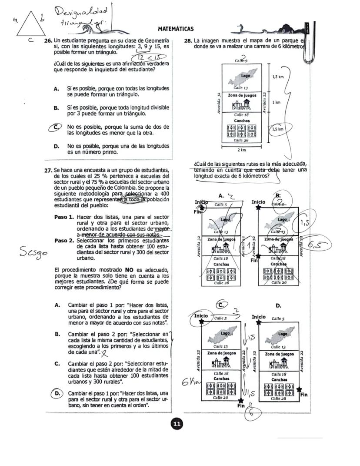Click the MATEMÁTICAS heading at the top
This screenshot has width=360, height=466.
coord(175,29)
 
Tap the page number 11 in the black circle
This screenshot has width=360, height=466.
coord(177,424)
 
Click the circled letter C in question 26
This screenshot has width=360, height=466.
coord(56,127)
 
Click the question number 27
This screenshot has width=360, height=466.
coord(48,170)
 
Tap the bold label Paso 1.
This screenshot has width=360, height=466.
coord(64,217)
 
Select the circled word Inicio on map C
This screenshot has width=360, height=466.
coord(201,316)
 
